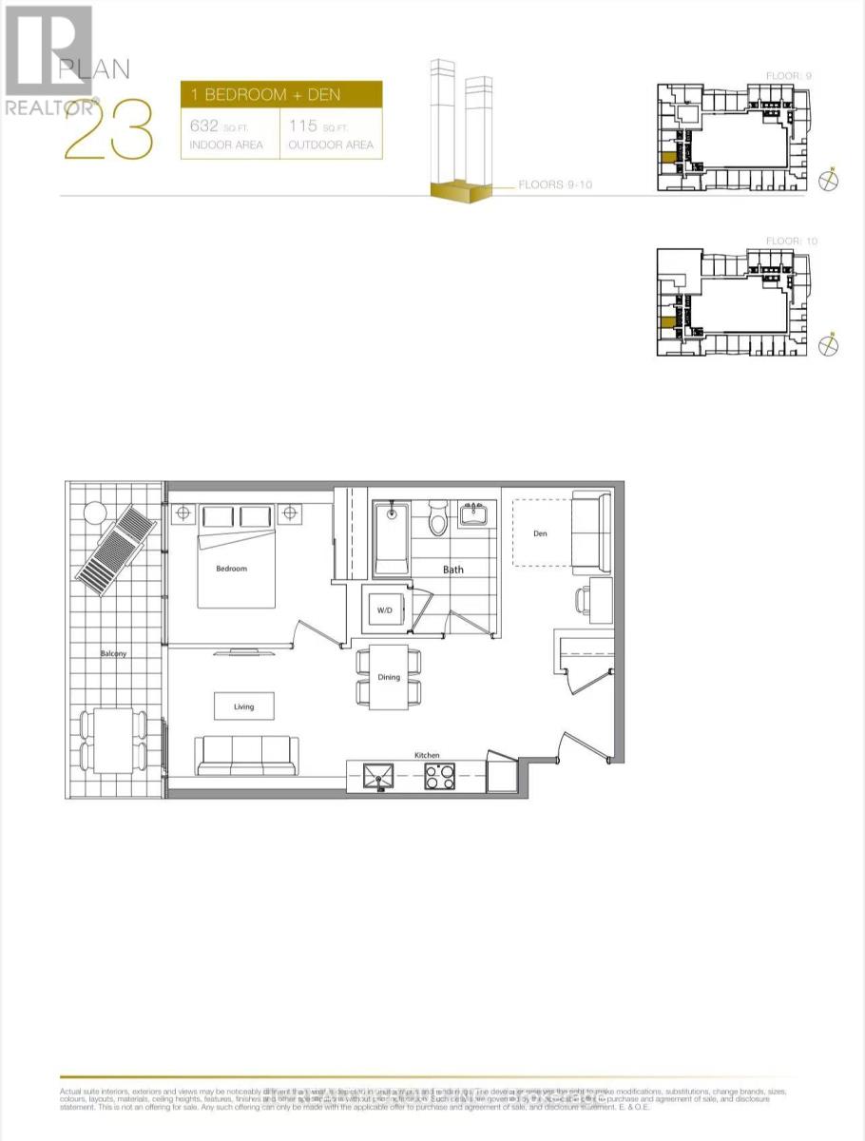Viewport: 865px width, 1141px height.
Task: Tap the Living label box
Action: [244, 706]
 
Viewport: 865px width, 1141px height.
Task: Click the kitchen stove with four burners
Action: [438, 777]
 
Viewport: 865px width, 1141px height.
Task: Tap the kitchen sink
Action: [378, 778]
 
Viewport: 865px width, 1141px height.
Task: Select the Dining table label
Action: [388, 677]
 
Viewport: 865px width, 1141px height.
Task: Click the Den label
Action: [540, 533]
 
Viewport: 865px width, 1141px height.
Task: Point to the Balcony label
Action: [115, 654]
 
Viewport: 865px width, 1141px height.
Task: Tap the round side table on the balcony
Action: [94, 512]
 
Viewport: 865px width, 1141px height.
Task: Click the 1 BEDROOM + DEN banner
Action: [281, 96]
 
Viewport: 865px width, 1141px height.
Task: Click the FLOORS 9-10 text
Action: [555, 184]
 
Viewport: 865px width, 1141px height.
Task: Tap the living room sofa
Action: [244, 755]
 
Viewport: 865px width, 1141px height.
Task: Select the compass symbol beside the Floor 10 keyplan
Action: [830, 345]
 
